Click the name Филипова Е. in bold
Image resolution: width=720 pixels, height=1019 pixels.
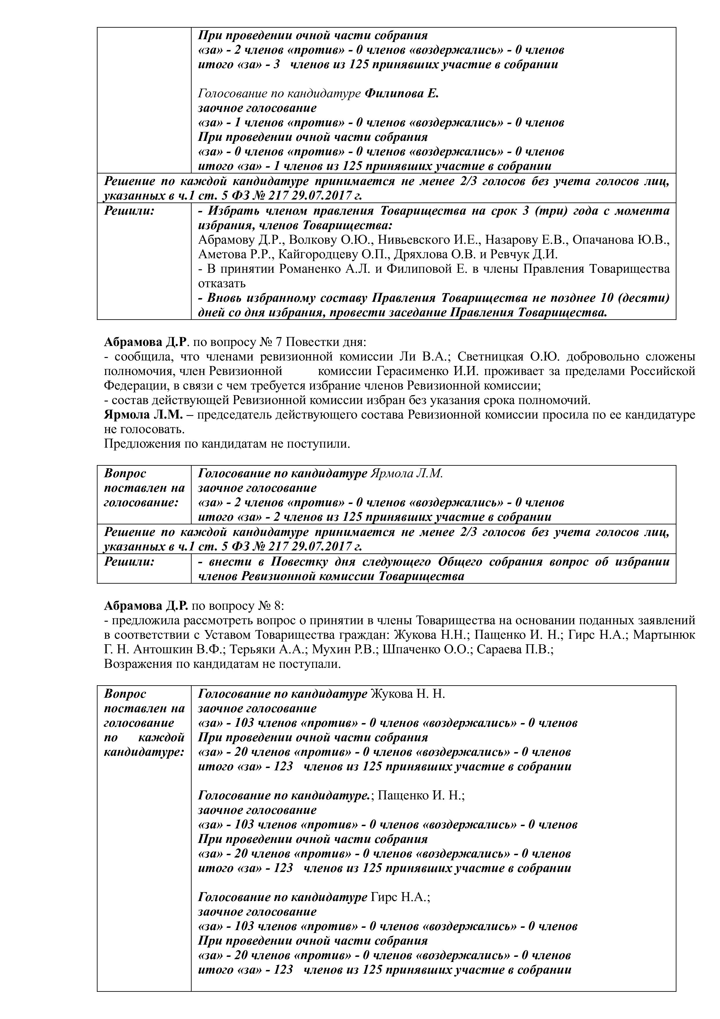point(402,94)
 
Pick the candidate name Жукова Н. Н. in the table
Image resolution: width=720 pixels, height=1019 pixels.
point(407,694)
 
